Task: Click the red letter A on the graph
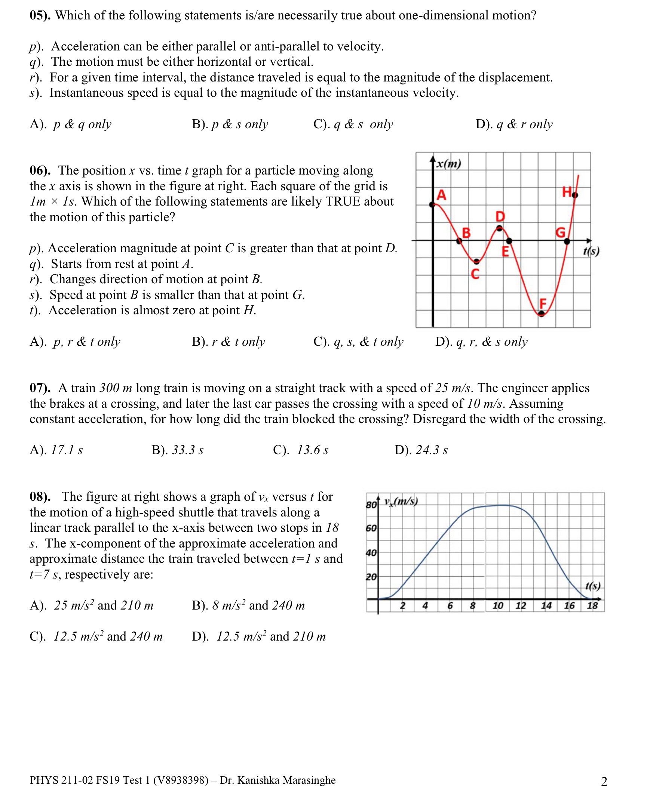(441, 195)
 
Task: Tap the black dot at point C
(476, 261)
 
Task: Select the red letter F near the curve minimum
(542, 303)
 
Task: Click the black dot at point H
(575, 195)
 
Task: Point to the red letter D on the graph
(500, 216)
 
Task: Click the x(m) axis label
(448, 164)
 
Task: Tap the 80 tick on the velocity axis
(371, 505)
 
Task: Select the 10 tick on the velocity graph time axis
(498, 605)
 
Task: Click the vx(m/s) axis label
(401, 501)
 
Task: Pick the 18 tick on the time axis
(592, 605)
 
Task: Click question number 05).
(40, 15)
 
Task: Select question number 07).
(40, 388)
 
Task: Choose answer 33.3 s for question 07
(187, 450)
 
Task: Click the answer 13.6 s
(312, 450)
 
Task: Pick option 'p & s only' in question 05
(240, 124)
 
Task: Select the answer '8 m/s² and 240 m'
(258, 605)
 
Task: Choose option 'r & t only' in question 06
(238, 342)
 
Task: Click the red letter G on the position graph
(561, 232)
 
